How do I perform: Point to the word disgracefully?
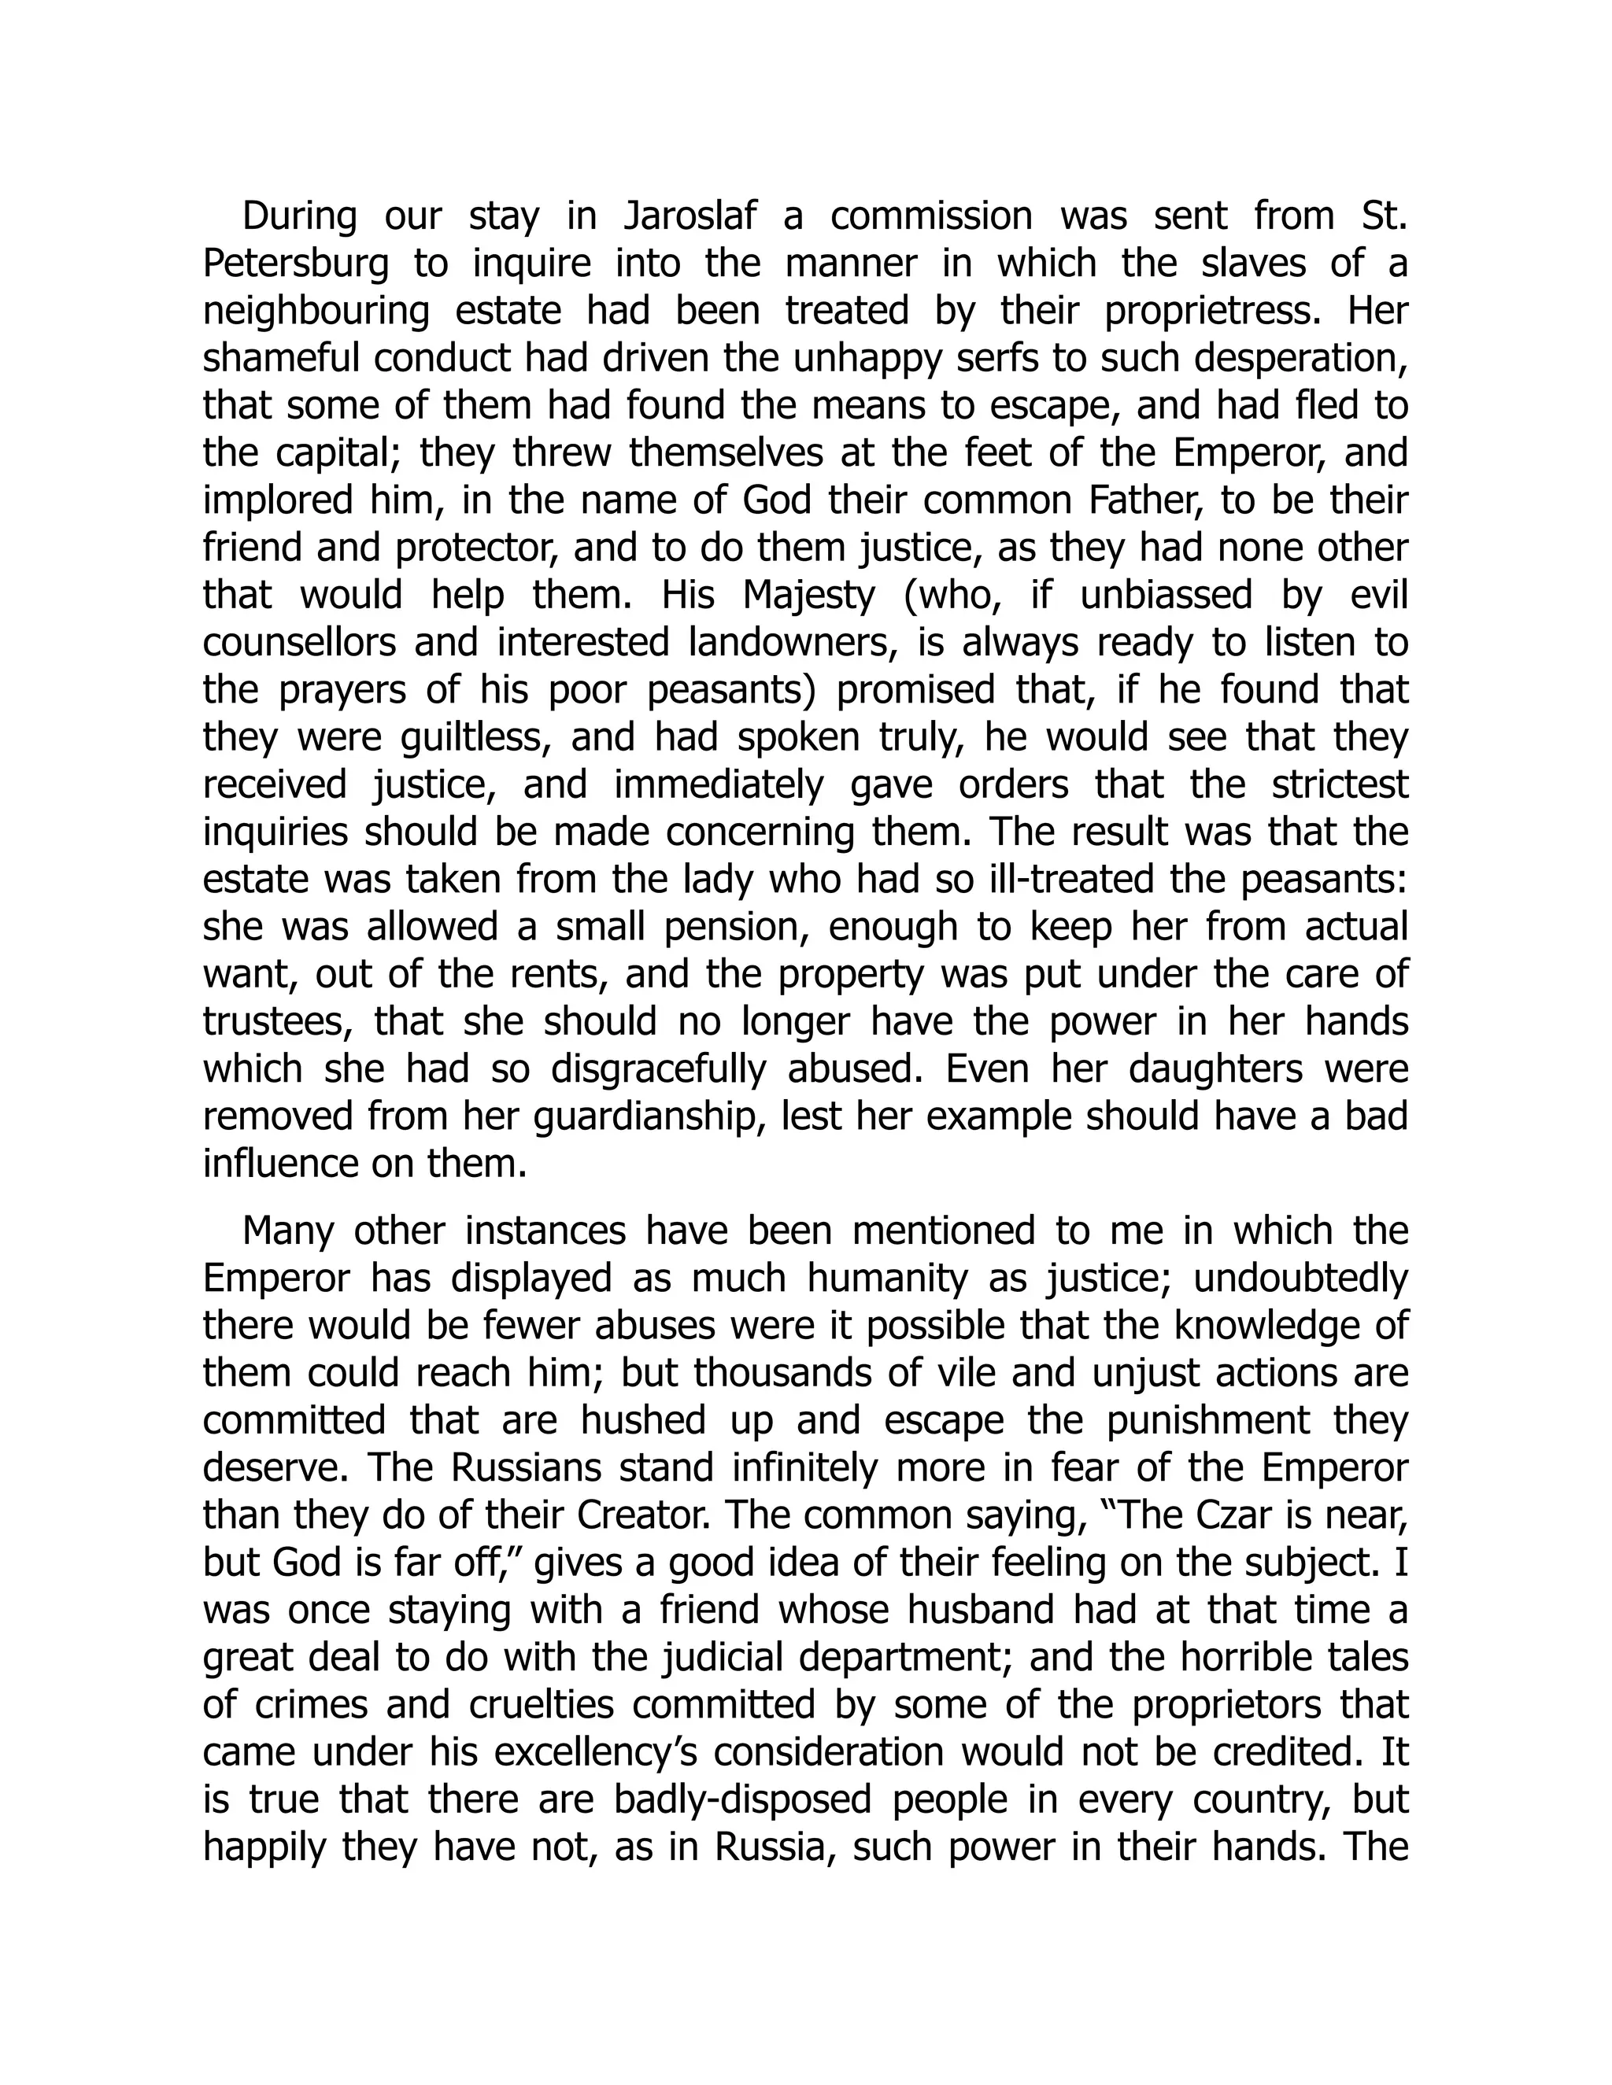(x=659, y=1070)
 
